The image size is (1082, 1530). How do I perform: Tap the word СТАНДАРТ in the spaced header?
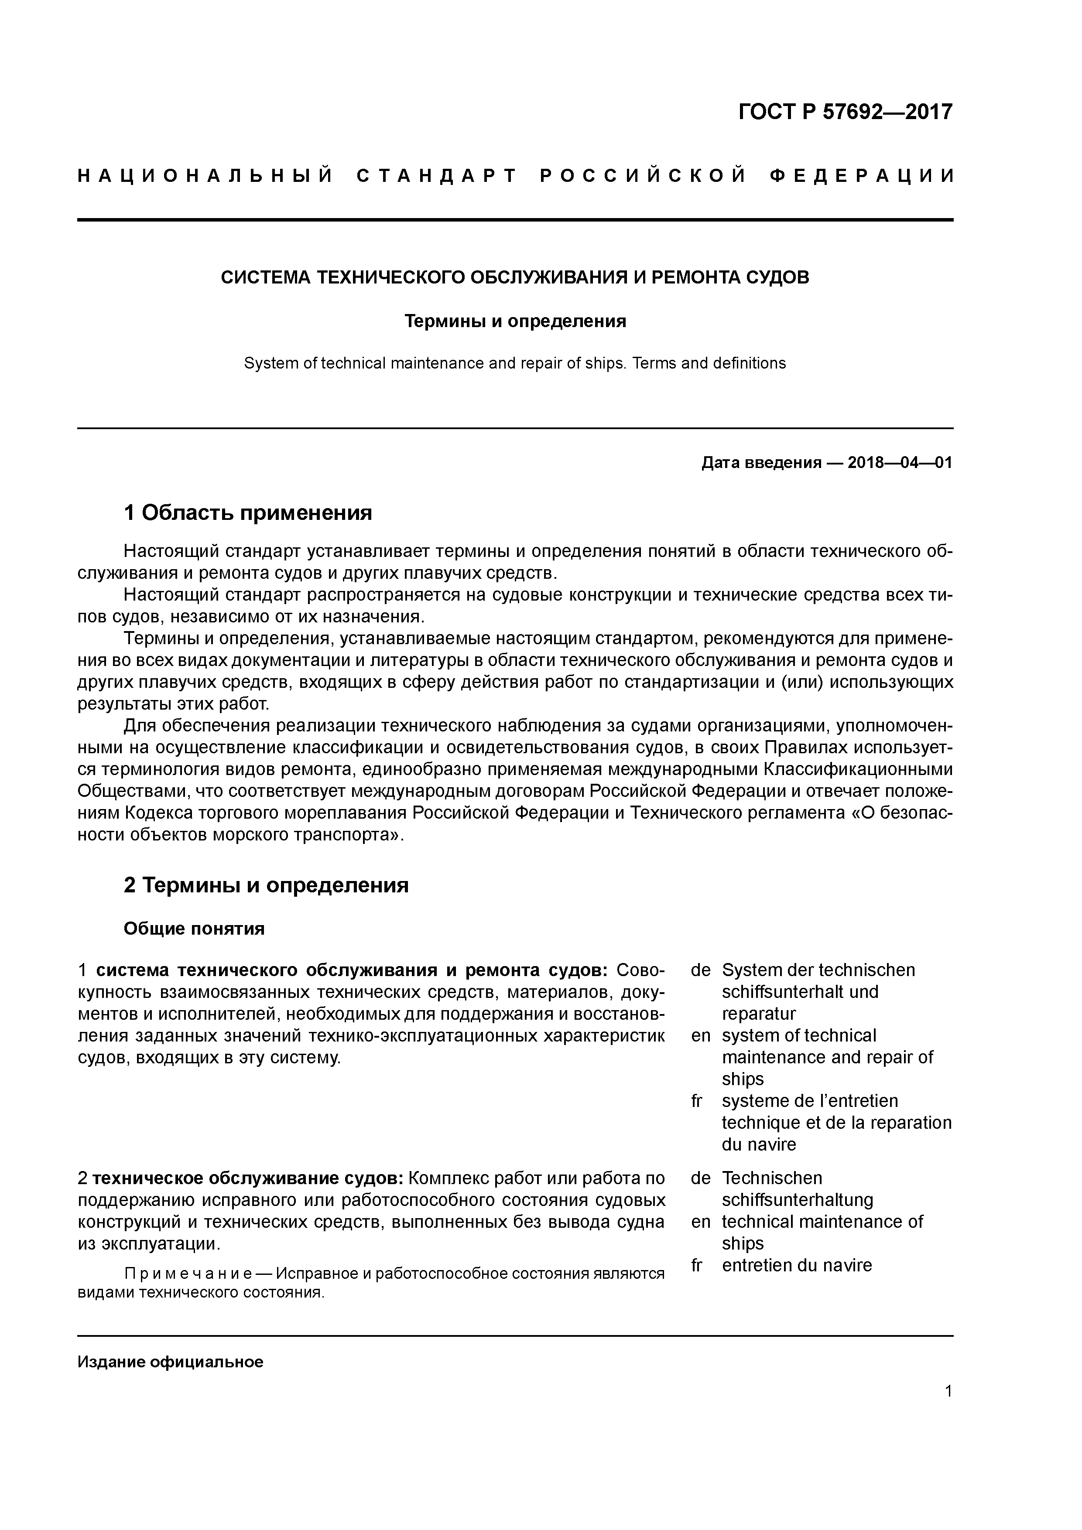coord(437,176)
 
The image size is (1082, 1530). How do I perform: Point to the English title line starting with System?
coord(515,363)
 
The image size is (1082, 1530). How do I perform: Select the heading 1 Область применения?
coord(247,512)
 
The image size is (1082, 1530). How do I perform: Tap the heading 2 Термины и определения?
coord(266,885)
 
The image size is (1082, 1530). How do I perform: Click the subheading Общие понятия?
coord(194,929)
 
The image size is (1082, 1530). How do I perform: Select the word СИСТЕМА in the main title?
coord(265,278)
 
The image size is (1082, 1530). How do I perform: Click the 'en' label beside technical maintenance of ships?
coord(701,1222)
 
